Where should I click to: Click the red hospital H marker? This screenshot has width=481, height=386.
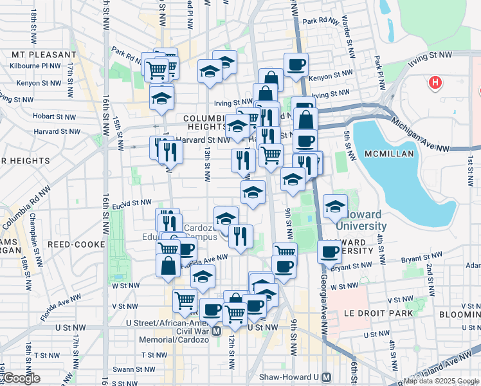click(435, 82)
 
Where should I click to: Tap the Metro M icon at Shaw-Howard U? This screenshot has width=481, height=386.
click(327, 378)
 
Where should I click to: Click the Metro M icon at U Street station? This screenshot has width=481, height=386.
click(217, 331)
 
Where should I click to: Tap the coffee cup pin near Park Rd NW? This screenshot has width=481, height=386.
click(296, 64)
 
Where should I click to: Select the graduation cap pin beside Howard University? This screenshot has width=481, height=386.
click(335, 207)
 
